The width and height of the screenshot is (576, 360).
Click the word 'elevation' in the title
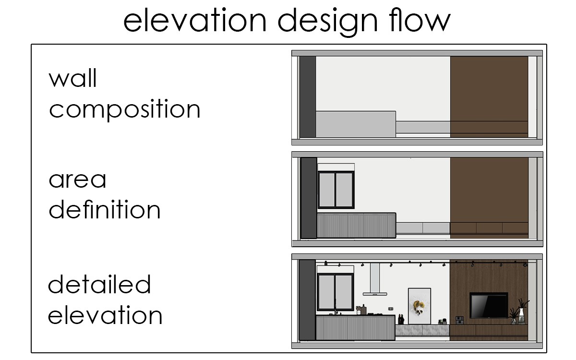point(195,20)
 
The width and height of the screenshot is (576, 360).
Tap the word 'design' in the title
point(327,22)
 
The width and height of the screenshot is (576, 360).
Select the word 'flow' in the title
point(420,20)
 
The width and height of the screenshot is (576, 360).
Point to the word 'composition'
point(124,109)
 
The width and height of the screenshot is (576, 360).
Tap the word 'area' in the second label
point(77,180)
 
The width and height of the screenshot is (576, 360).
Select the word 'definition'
point(105,209)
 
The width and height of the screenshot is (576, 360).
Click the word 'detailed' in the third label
point(99,284)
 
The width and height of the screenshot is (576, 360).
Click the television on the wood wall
point(489,305)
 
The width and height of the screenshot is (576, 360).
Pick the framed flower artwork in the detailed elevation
point(420,306)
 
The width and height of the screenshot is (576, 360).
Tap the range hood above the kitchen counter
point(375,279)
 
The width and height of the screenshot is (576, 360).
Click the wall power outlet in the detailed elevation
point(391,309)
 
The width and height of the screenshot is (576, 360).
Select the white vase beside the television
point(521,316)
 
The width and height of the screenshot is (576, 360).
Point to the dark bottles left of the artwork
point(401,319)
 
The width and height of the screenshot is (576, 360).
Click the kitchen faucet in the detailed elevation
point(336,307)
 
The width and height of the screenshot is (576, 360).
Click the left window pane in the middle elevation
point(327,190)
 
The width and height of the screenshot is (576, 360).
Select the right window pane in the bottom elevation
point(344,292)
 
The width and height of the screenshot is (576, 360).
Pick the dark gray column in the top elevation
point(308,96)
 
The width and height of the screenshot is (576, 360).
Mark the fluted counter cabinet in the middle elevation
point(356,226)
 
